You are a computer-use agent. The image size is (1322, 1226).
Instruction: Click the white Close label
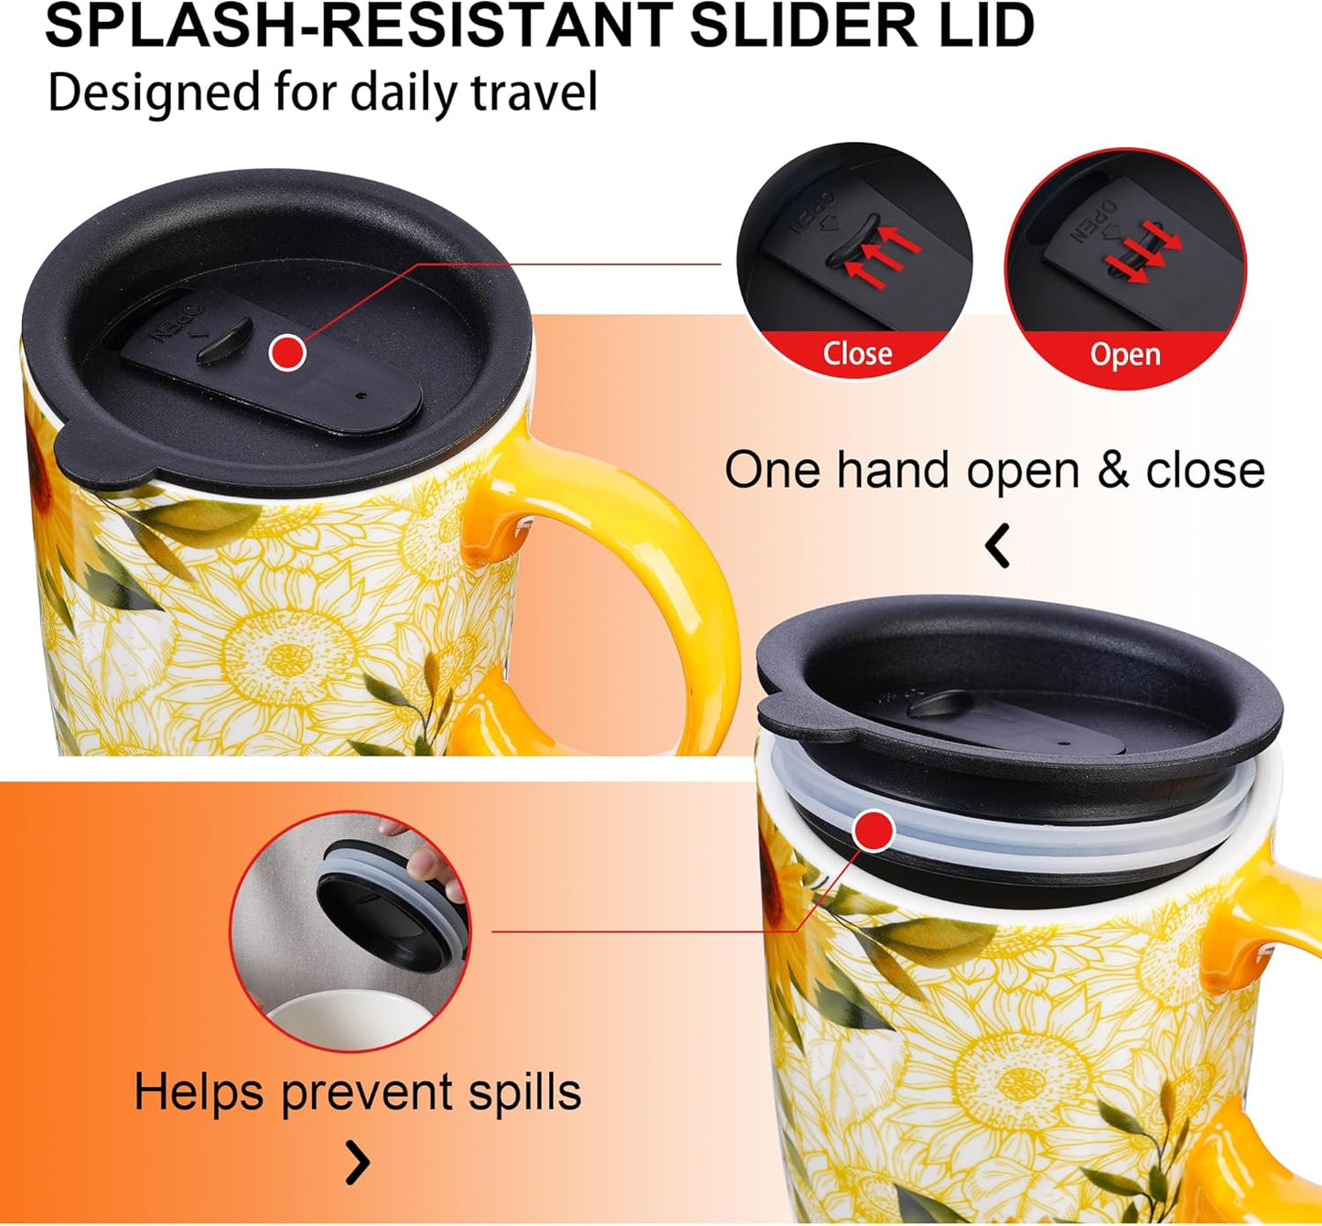click(857, 353)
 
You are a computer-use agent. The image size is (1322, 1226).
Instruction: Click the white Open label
click(1125, 356)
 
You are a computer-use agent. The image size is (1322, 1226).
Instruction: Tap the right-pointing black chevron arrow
click(358, 1162)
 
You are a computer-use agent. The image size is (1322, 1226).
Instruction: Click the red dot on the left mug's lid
click(287, 352)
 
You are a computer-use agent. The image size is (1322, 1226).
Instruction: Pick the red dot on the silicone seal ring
click(874, 830)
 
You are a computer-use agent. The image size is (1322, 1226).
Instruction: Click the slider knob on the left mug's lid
click(225, 341)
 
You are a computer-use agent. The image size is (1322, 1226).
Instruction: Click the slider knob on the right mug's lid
click(940, 704)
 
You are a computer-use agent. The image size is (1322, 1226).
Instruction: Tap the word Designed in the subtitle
click(154, 94)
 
